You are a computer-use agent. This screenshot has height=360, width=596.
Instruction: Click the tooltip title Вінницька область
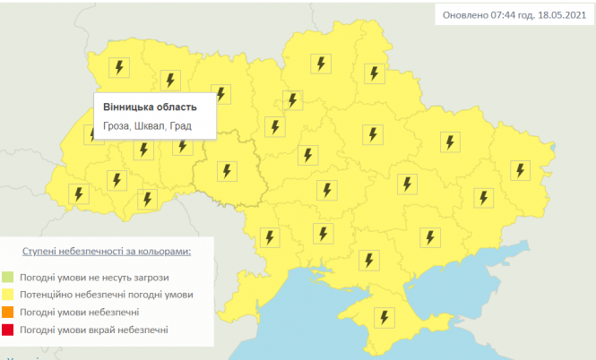pos(148,107)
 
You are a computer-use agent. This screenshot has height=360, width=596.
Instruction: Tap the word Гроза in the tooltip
pos(117,126)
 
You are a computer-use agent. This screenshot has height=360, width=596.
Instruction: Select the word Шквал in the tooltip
pos(153,126)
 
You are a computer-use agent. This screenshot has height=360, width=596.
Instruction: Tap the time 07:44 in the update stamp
pos(499,15)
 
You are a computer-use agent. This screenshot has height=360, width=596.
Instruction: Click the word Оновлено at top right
pos(463,15)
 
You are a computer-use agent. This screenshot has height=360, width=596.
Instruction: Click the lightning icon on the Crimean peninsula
pos(384,317)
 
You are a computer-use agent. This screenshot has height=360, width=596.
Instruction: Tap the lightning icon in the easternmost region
pos(519,168)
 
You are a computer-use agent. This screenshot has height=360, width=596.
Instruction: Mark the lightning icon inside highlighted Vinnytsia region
pos(228,170)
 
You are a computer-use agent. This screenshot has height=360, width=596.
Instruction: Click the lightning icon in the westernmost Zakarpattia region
pos(79,193)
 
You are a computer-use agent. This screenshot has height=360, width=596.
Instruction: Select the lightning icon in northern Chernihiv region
pos(319,64)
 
